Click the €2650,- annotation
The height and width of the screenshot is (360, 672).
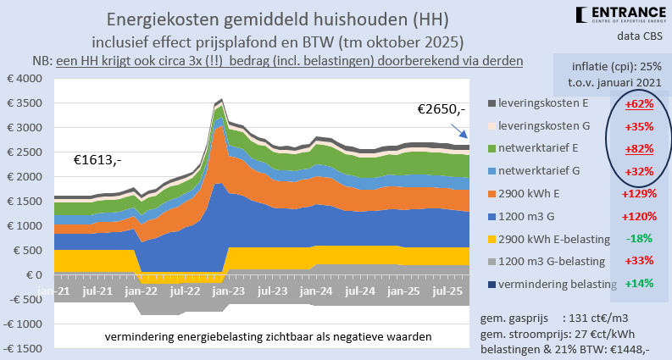[442, 109]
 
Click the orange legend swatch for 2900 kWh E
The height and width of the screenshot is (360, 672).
[494, 193]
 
